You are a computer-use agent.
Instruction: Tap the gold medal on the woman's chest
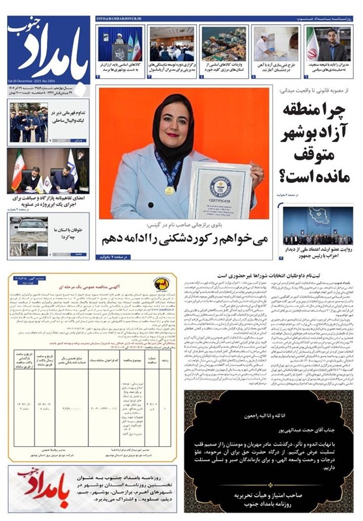point(169,190)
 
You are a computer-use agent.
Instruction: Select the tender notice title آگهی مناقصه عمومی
point(92,285)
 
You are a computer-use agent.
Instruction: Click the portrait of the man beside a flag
point(328,42)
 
